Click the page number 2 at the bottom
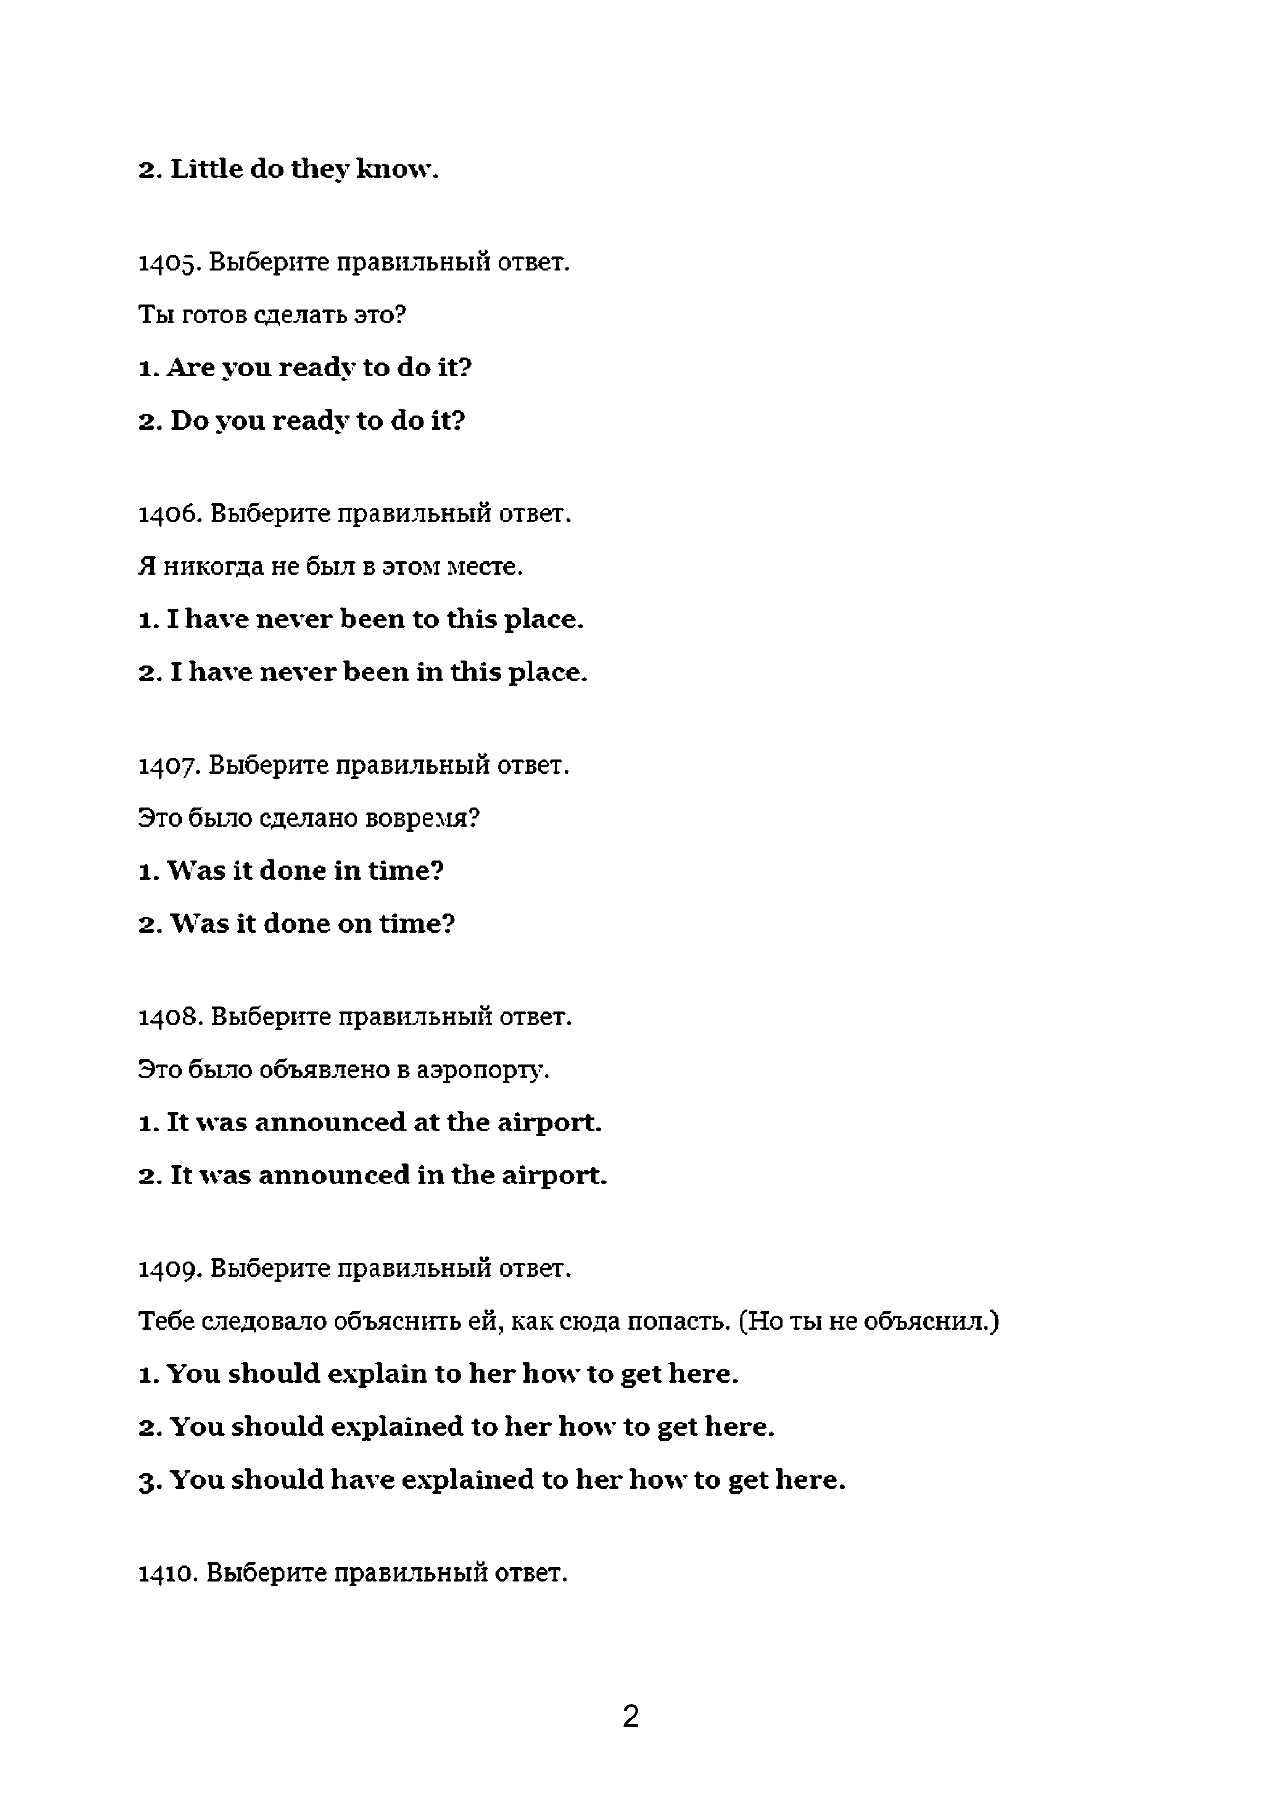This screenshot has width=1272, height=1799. tap(631, 1716)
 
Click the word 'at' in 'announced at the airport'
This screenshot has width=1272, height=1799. tap(426, 1122)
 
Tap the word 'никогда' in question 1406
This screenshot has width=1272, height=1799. tap(213, 566)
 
